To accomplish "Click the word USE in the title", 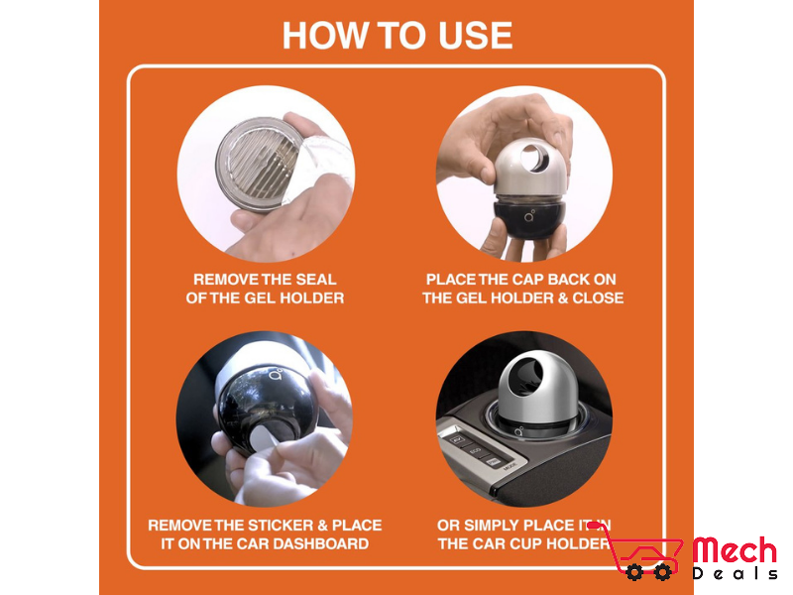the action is [476, 36].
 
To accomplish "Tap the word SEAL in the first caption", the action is [316, 280].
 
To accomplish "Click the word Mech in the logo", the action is [735, 550].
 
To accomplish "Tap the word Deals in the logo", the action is [735, 573].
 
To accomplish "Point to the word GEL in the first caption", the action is [260, 297].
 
